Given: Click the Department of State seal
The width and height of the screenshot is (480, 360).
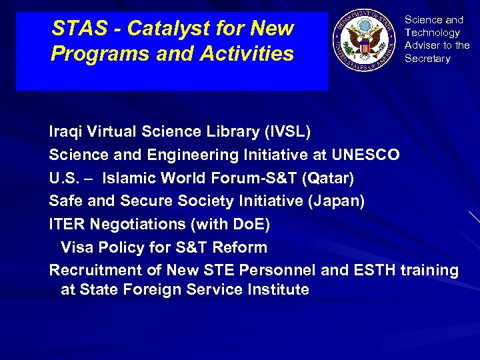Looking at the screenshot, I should pyautogui.click(x=363, y=40).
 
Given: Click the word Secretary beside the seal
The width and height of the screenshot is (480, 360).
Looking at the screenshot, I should pyautogui.click(x=427, y=59).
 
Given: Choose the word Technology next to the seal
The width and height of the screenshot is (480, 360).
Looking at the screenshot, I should pyautogui.click(x=432, y=33).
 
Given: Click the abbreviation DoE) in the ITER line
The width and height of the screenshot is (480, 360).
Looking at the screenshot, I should pyautogui.click(x=251, y=224).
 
